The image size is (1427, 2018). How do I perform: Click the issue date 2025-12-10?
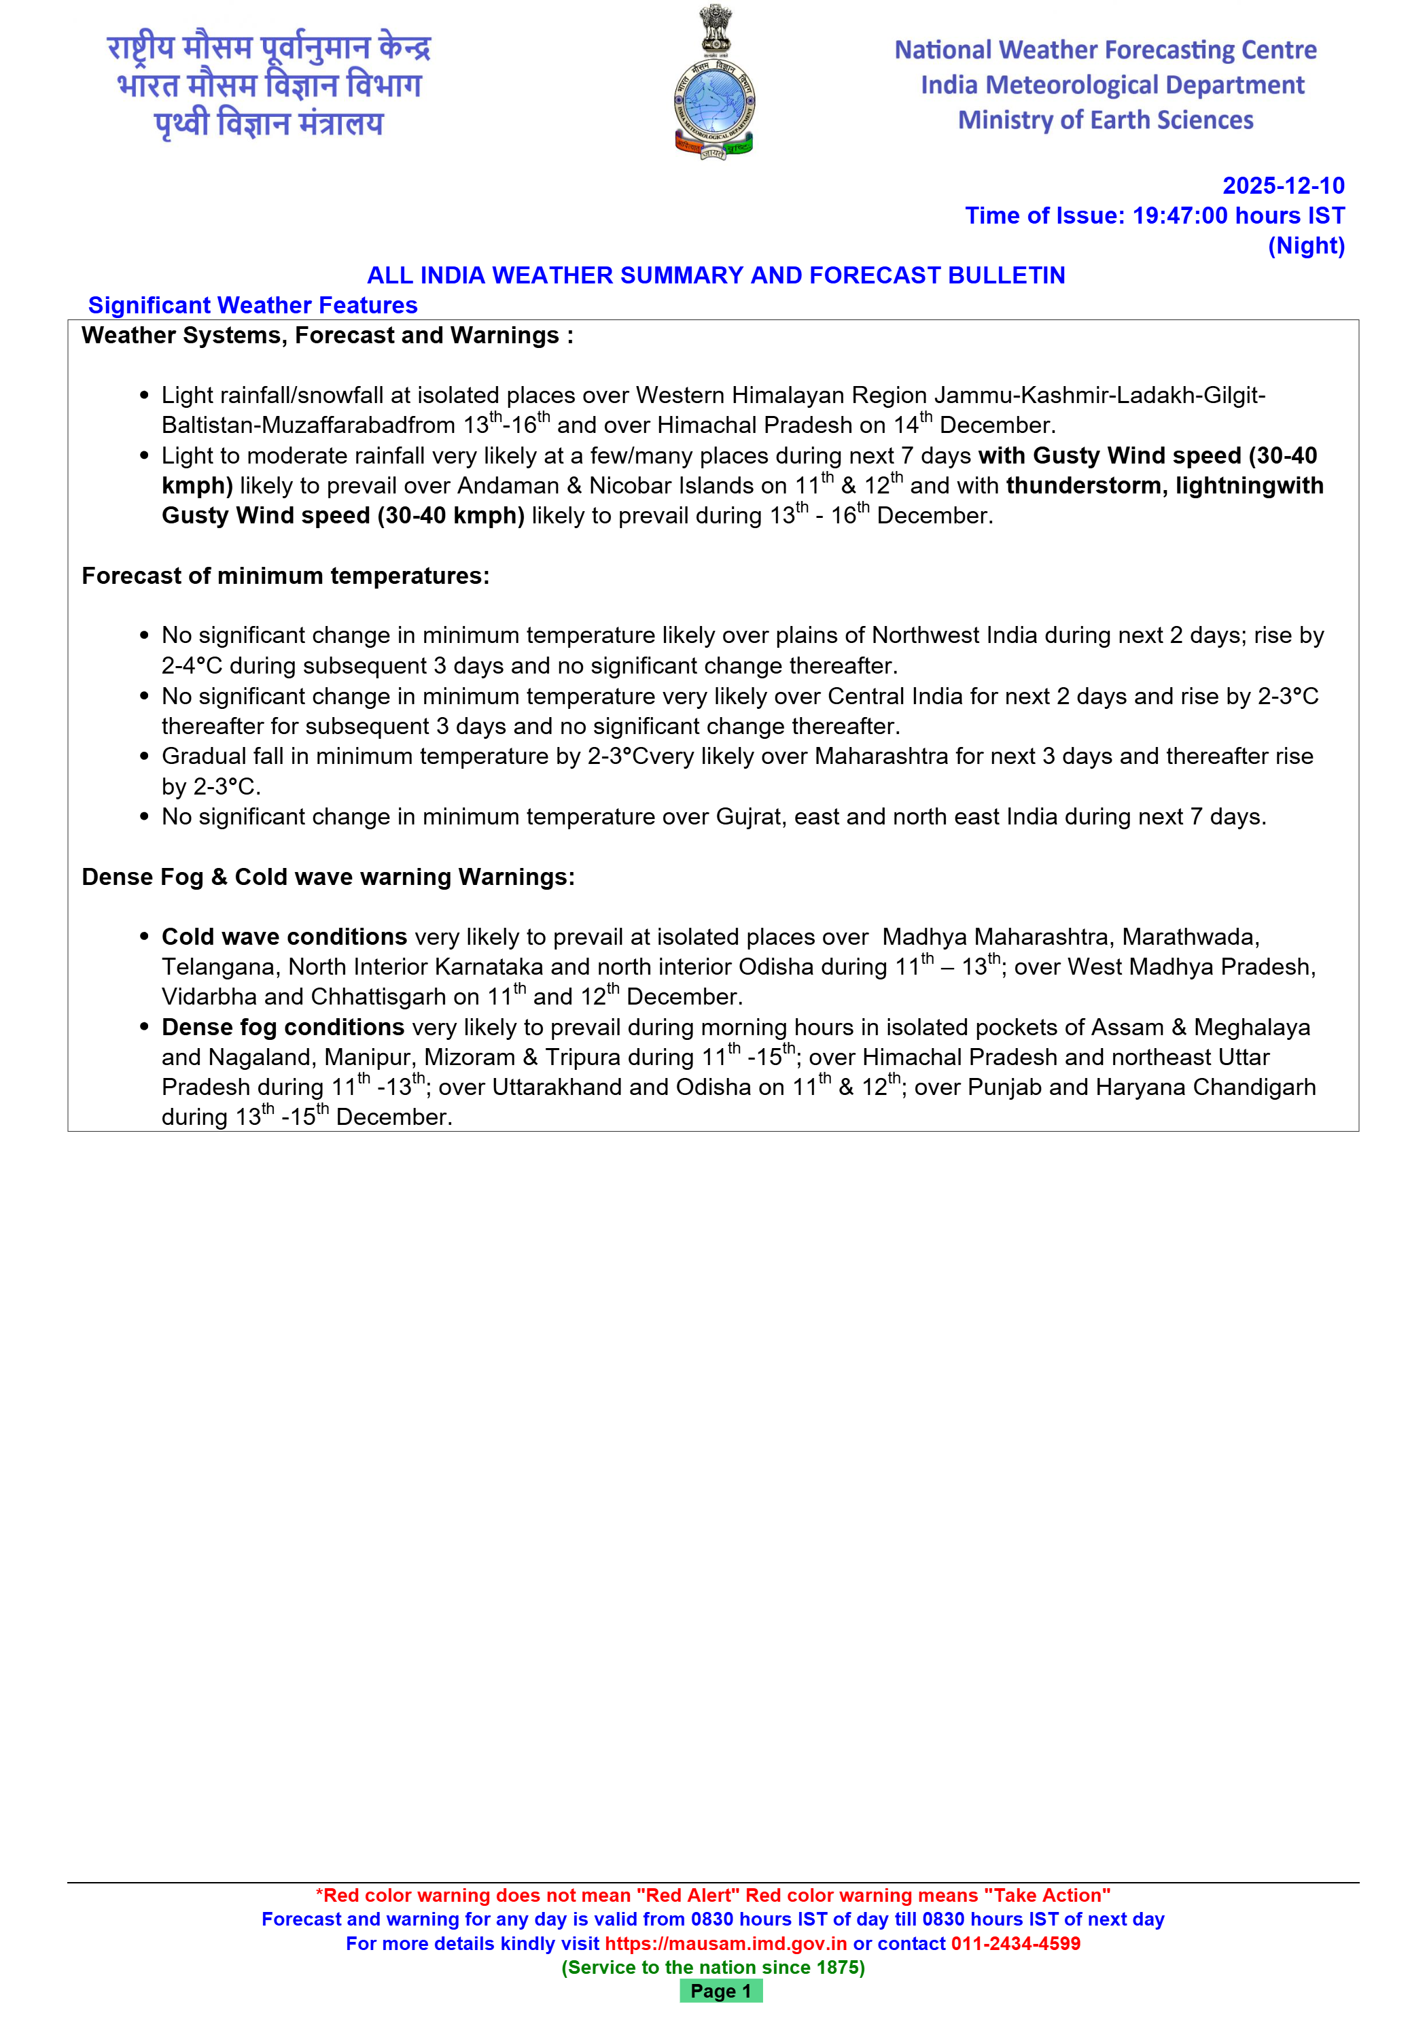[1283, 186]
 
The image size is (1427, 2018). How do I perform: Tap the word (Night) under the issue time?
[1306, 246]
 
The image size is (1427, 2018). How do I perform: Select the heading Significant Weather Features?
[253, 306]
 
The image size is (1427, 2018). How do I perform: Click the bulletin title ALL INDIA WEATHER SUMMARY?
[716, 276]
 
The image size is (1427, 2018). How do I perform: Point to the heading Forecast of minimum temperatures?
[285, 576]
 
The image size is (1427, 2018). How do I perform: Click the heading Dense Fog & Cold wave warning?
[328, 877]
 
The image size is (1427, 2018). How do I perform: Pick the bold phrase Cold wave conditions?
[284, 937]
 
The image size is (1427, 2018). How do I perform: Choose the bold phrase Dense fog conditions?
[283, 1028]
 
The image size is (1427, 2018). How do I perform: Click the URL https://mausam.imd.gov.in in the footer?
[726, 1943]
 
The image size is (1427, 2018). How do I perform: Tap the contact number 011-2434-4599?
[1016, 1943]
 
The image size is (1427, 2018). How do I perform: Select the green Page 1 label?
[720, 1991]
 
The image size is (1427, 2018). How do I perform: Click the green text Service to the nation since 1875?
[713, 1967]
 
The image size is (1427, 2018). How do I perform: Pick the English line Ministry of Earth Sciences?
[1106, 120]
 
